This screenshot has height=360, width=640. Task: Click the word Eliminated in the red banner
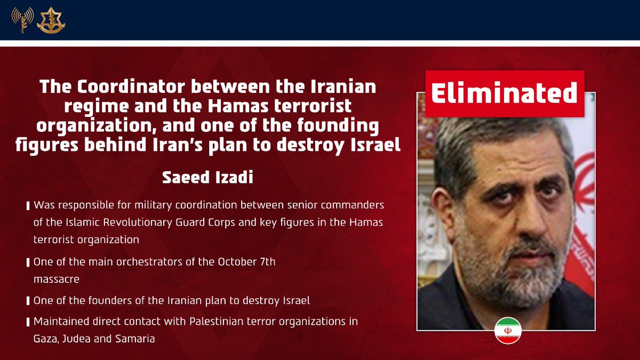(x=504, y=94)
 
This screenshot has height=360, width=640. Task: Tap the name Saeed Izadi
(x=207, y=178)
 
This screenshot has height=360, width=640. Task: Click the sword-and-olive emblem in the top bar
(x=51, y=21)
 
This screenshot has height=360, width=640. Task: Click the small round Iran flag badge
(x=507, y=330)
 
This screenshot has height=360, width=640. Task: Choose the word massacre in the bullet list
(x=53, y=278)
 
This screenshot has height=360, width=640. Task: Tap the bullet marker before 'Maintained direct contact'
(x=28, y=323)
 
